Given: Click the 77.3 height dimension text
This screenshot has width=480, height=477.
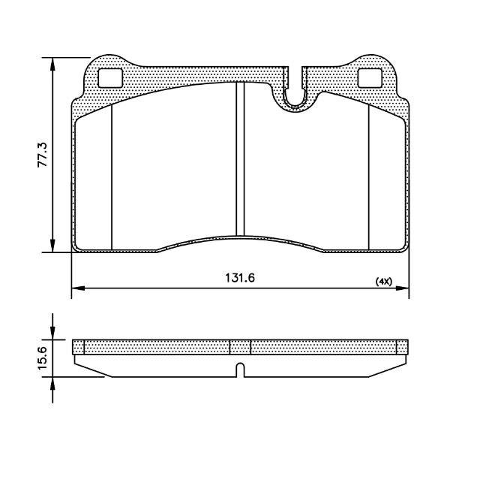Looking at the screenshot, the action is point(43,154).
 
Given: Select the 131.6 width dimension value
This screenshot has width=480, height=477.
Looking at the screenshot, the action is point(240,278).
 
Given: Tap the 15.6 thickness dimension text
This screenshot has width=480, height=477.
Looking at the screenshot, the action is point(42,358).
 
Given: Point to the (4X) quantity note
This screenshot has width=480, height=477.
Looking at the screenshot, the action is point(384,282).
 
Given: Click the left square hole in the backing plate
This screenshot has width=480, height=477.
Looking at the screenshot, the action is point(110,78).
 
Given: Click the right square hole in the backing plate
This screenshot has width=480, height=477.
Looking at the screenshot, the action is point(370,78).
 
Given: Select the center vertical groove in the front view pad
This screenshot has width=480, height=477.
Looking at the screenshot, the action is point(240,158).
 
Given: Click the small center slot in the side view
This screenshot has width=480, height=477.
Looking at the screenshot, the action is point(241,370).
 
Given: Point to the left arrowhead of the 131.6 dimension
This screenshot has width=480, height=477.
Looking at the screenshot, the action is point(78,288).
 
